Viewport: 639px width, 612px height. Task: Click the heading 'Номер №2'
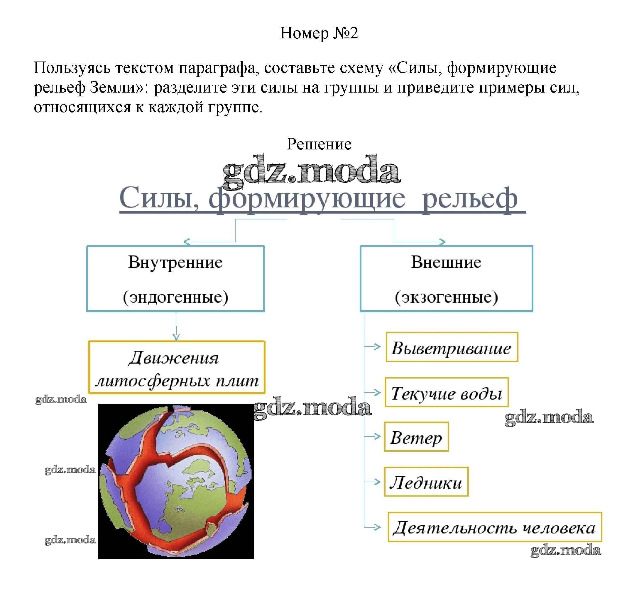tap(319, 33)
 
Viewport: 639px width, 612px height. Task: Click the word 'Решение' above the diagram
tap(319, 144)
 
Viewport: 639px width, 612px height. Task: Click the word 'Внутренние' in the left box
tap(175, 262)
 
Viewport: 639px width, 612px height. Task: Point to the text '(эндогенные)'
tap(175, 296)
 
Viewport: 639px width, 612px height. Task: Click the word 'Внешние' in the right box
tap(446, 262)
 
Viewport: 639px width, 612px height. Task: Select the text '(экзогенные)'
tap(446, 296)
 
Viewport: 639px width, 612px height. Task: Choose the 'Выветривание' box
tap(452, 347)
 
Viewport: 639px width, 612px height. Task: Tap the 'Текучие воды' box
tap(446, 393)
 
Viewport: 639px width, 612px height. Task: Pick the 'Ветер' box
tap(416, 437)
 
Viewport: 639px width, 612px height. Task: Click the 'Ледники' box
tap(426, 482)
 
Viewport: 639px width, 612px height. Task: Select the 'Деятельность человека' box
tap(494, 528)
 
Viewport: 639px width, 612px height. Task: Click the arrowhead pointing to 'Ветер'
tap(377, 437)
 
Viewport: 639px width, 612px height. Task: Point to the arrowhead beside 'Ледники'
tap(377, 482)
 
